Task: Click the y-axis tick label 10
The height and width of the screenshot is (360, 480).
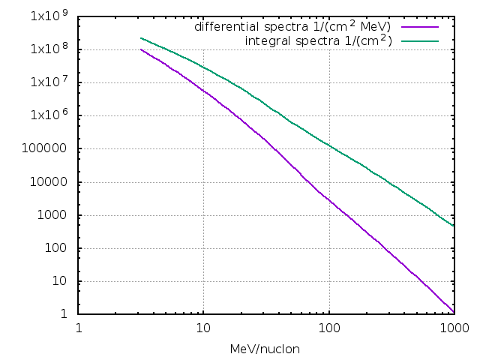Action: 64,281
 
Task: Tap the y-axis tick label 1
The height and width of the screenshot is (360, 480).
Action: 67,314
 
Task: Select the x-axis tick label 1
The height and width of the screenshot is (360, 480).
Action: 79,328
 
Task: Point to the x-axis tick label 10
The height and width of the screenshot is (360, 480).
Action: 203,328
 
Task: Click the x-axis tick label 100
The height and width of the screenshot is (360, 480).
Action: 328,328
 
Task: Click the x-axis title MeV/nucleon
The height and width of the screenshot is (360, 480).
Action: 266,349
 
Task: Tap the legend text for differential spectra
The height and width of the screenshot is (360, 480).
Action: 292,26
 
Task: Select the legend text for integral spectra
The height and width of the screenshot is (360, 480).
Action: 318,40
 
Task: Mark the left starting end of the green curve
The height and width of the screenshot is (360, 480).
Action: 141,37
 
